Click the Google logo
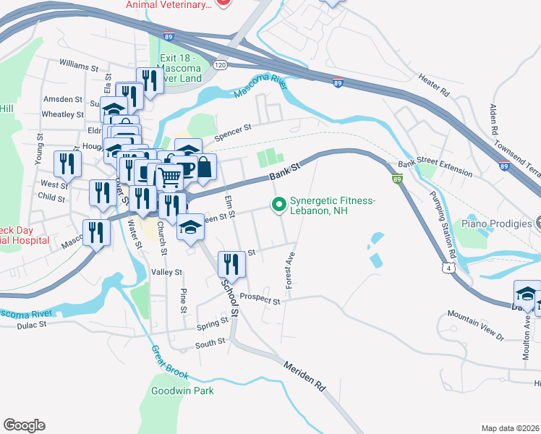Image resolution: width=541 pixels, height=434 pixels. (24, 425)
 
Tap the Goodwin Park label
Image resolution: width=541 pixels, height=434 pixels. (182, 391)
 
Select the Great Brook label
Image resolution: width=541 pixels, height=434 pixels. (170, 362)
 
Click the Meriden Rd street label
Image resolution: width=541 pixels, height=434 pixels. (304, 377)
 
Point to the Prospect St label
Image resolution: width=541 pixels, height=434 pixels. (260, 298)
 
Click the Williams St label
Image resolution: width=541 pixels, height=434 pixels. (79, 67)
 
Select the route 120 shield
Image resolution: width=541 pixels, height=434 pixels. (220, 65)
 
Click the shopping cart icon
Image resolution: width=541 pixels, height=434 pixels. (169, 175)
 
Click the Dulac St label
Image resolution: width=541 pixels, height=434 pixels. (33, 325)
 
